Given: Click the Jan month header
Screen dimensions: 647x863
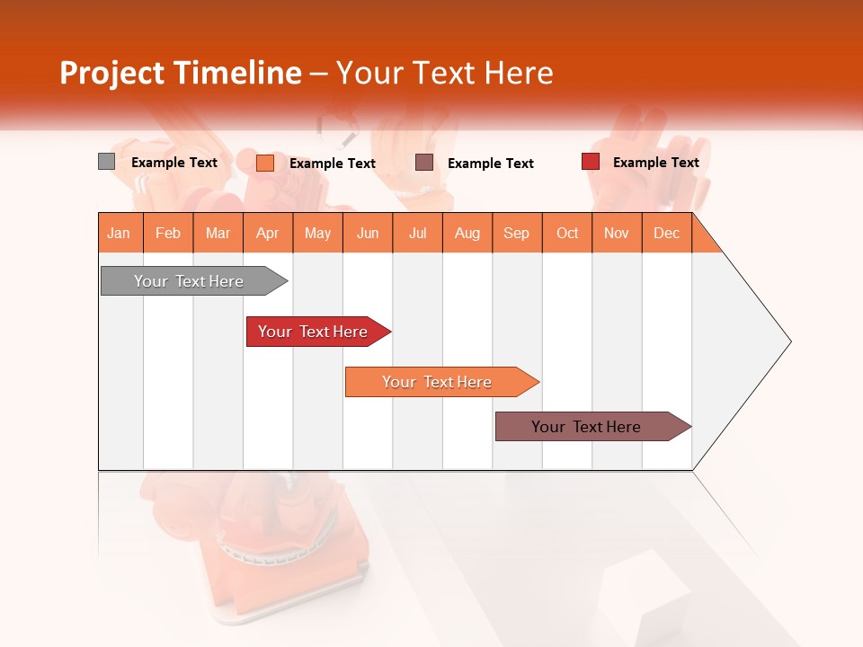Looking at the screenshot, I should [x=119, y=233].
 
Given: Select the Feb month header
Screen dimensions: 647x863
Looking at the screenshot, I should [x=168, y=233].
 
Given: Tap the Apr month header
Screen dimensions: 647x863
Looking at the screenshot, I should [x=267, y=233].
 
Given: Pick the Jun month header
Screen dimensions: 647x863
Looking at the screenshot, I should [x=368, y=233].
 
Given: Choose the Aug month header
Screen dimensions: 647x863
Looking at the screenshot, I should [x=467, y=233].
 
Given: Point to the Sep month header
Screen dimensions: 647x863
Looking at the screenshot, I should [x=516, y=233].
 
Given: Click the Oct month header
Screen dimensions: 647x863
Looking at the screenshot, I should [x=567, y=233].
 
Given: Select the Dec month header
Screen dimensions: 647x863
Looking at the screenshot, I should [x=666, y=233].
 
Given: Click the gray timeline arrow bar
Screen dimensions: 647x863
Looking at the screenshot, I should [x=190, y=281].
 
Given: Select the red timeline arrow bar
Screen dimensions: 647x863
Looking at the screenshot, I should [x=314, y=332].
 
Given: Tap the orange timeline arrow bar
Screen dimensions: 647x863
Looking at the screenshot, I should [x=438, y=382].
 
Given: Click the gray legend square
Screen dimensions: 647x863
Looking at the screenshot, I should [x=106, y=162].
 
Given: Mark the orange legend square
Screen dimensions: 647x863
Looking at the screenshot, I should [x=264, y=163].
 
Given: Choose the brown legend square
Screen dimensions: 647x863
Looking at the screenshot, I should [x=424, y=162].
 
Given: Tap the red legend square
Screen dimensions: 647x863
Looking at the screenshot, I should [x=590, y=162].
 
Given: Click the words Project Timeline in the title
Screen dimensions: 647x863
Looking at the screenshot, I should [x=181, y=73].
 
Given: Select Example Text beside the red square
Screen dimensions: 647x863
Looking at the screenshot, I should [x=655, y=162].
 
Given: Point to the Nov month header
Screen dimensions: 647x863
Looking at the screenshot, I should [x=617, y=233].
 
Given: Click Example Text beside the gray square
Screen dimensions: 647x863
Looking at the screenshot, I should [x=174, y=163].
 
